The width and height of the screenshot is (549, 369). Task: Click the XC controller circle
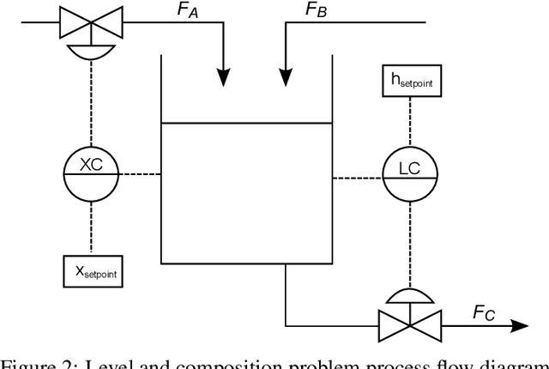tap(91, 173)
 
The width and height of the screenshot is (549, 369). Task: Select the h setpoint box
tap(408, 82)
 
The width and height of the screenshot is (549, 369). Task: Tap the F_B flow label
tap(316, 12)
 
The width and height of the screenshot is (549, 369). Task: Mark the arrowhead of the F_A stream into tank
tap(223, 77)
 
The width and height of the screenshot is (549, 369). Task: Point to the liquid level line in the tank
tap(246, 124)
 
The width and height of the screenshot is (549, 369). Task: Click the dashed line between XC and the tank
tap(140, 174)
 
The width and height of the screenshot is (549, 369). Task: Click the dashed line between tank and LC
tap(356, 178)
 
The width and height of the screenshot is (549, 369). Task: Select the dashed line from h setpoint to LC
tap(408, 124)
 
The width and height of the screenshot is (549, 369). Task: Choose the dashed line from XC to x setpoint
tap(91, 227)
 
